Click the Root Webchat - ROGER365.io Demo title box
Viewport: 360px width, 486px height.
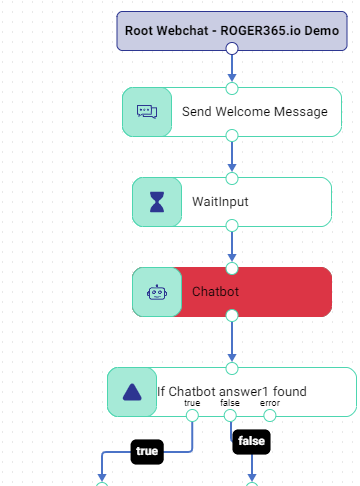pyautogui.click(x=232, y=31)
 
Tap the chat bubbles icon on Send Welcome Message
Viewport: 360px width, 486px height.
pyautogui.click(x=147, y=112)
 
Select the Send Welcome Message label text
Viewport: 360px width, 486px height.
pyautogui.click(x=255, y=112)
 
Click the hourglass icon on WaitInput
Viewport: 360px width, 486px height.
pyautogui.click(x=157, y=202)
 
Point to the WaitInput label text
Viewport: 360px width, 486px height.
pyautogui.click(x=220, y=202)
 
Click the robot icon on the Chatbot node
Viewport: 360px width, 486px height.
pyautogui.click(x=157, y=292)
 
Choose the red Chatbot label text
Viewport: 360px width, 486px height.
pyautogui.click(x=215, y=292)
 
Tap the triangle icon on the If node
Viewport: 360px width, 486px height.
pyautogui.click(x=132, y=392)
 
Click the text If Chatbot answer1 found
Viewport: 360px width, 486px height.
pyautogui.click(x=232, y=391)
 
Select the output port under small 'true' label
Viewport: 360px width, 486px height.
pyautogui.click(x=192, y=416)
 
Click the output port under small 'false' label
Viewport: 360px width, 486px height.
pyautogui.click(x=230, y=416)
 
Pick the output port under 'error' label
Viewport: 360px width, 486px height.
pyautogui.click(x=270, y=416)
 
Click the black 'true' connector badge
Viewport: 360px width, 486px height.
pyautogui.click(x=147, y=452)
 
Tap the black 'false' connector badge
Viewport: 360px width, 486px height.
pyautogui.click(x=251, y=442)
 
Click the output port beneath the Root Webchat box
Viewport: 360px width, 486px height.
pyautogui.click(x=232, y=48)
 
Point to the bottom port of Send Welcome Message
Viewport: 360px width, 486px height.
pyautogui.click(x=232, y=136)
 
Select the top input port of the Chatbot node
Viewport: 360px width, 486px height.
pyautogui.click(x=232, y=268)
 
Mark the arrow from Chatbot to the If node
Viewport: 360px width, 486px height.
pyautogui.click(x=232, y=342)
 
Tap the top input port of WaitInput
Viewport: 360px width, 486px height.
pyautogui.click(x=232, y=178)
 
